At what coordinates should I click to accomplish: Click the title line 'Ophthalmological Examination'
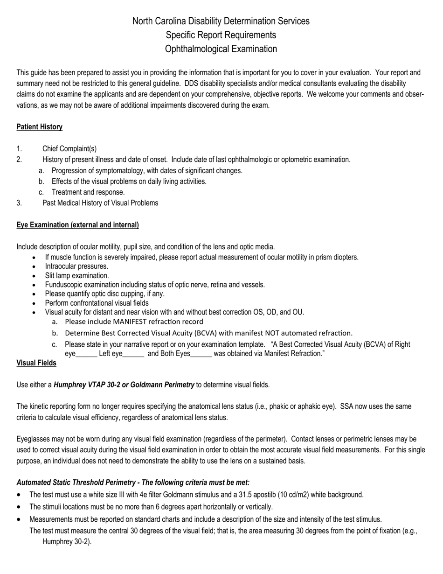coord(221,49)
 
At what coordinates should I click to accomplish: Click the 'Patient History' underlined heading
coord(39,127)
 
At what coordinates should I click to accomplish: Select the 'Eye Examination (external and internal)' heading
coord(77,225)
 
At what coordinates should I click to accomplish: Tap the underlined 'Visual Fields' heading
coord(36,363)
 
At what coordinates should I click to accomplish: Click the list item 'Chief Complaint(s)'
coord(69,149)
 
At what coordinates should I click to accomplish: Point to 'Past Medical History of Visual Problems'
coord(100,203)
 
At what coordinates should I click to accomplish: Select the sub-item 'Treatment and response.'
coord(88,192)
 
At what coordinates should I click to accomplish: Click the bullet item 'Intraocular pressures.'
coord(76,266)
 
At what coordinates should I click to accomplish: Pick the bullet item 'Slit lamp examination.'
coord(77,275)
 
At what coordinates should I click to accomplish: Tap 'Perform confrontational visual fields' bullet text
coord(97,303)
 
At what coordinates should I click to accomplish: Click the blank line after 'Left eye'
coord(133,354)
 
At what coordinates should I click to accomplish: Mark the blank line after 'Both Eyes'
coord(201,354)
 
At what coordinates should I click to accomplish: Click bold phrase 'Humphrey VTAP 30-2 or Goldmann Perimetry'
coord(124,385)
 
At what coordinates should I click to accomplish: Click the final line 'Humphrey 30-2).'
coord(67,542)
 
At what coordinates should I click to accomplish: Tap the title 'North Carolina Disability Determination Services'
coord(221,21)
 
